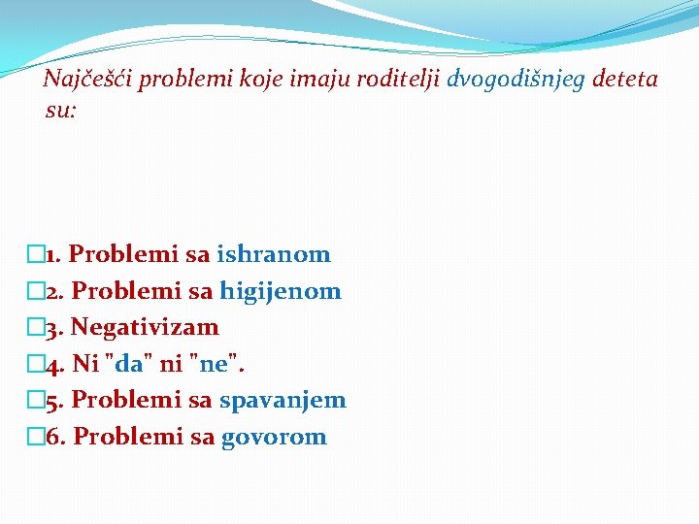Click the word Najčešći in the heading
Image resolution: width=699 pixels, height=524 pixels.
(x=87, y=80)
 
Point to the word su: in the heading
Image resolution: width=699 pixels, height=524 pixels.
(x=60, y=111)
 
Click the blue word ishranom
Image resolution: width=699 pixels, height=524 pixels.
(x=274, y=255)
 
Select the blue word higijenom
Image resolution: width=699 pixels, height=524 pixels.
(x=281, y=291)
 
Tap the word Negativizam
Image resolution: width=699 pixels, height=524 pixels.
(x=145, y=327)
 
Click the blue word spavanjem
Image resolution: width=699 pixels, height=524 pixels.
(x=283, y=400)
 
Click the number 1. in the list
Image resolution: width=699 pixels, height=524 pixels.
(x=54, y=255)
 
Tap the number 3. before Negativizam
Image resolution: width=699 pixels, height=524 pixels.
(x=55, y=327)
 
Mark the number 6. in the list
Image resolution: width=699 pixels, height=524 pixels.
(x=56, y=437)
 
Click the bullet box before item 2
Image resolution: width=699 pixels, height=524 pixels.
(x=37, y=291)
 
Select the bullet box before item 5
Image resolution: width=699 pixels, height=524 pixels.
(x=37, y=400)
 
